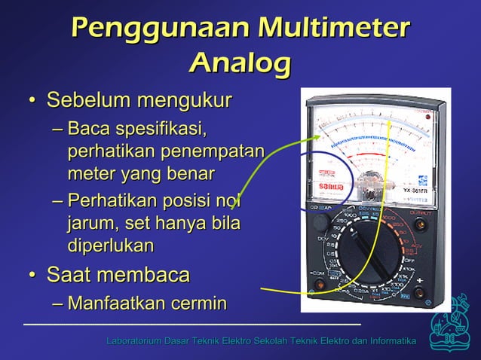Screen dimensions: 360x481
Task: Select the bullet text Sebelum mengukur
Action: [139, 100]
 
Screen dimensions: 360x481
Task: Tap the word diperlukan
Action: [111, 246]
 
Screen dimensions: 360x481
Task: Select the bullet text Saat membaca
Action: [118, 275]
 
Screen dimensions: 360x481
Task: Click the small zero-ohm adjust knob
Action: [322, 222]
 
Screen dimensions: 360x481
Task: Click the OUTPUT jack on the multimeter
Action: [420, 224]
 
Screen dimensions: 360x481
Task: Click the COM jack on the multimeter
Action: [320, 284]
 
